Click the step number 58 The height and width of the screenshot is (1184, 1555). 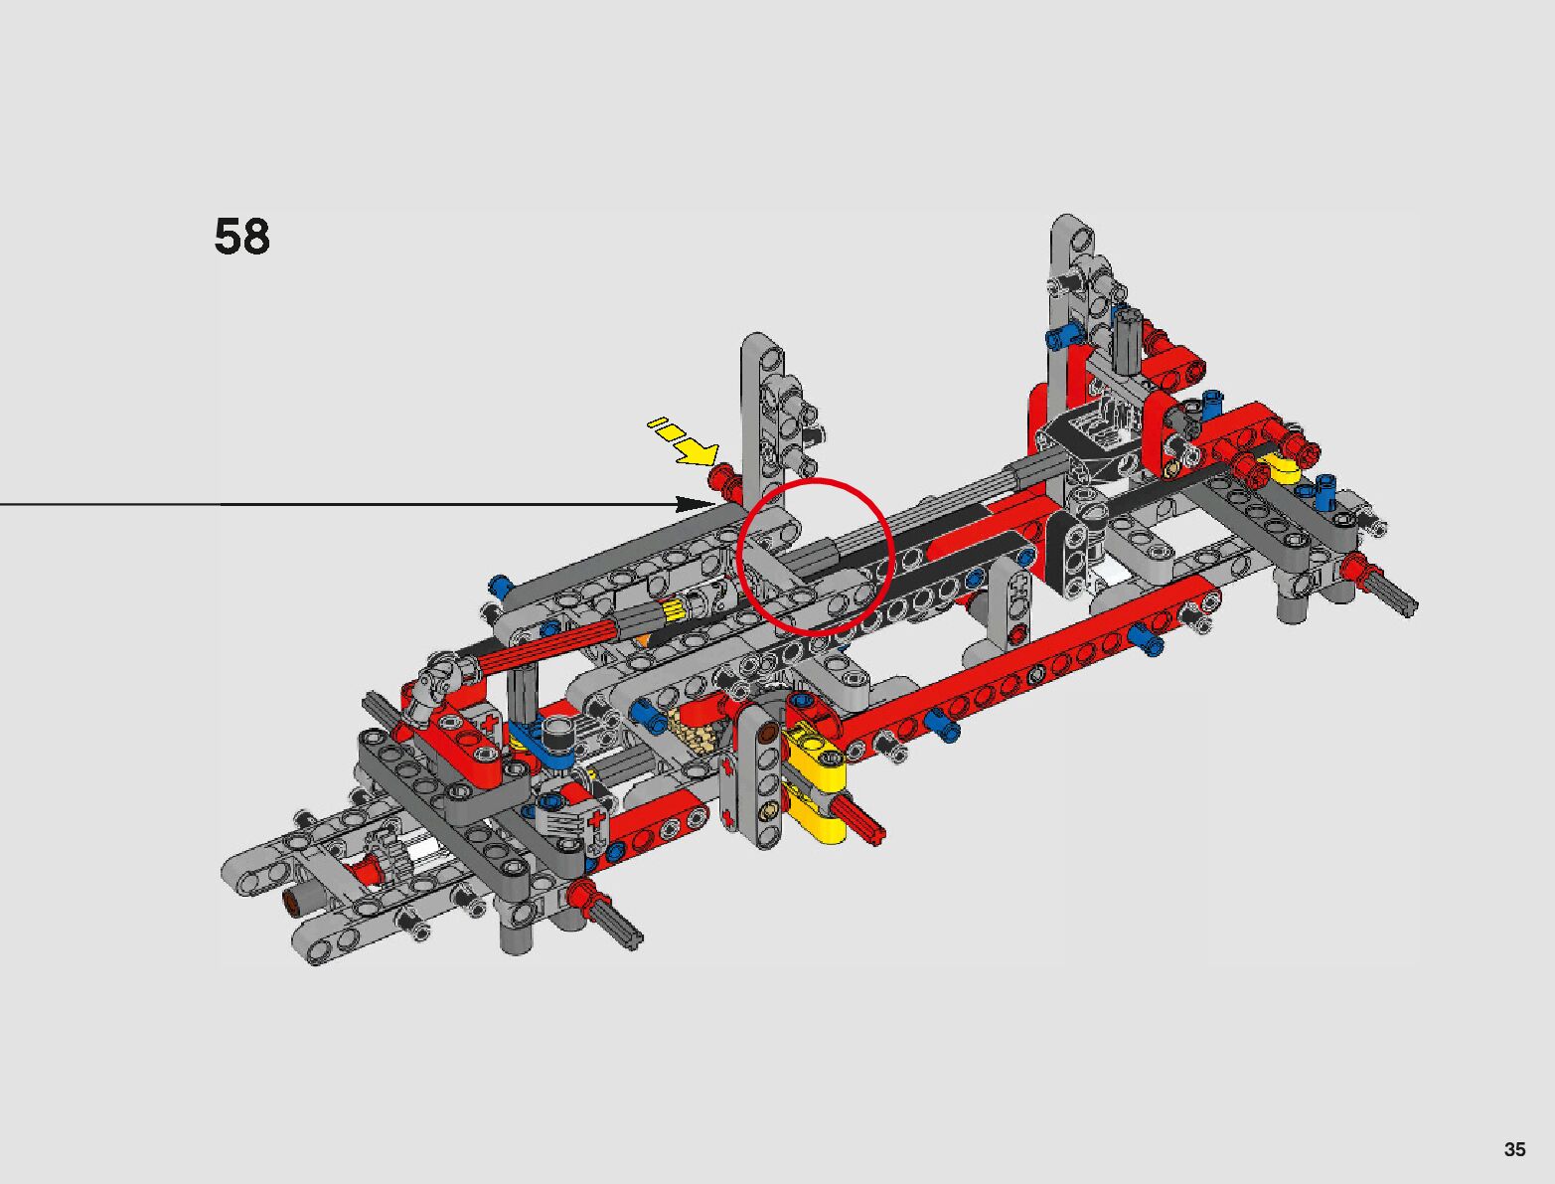(241, 237)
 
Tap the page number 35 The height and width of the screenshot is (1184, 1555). (1514, 1149)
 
